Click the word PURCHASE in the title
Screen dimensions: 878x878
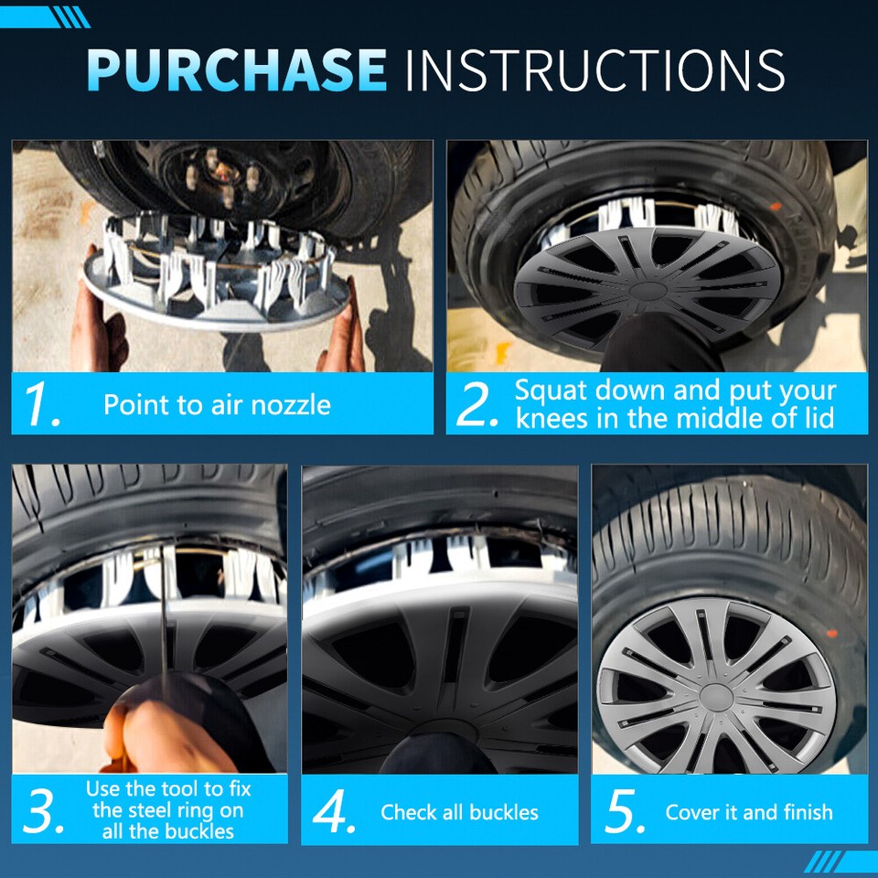point(236,69)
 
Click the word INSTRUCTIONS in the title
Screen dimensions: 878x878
point(594,69)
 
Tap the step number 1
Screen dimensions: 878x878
point(42,405)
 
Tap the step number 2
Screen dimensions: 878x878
point(476,405)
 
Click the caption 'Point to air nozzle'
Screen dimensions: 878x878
point(217,404)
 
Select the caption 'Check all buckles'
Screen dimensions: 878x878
point(459,812)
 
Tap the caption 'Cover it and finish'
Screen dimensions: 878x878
point(749,812)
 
